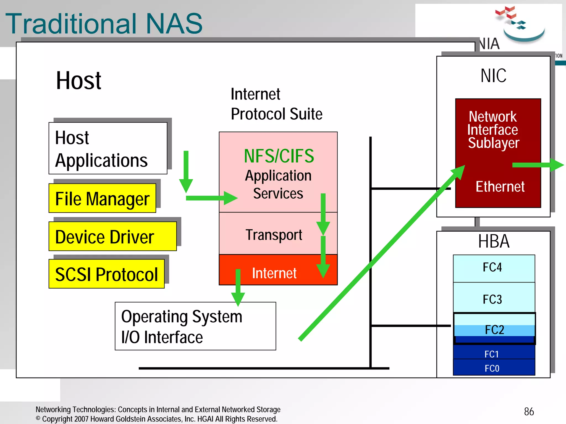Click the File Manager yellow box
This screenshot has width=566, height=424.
click(x=102, y=198)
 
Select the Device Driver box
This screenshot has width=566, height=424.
click(x=112, y=236)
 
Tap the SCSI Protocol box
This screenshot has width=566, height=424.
click(x=106, y=274)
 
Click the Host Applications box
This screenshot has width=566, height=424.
click(x=108, y=148)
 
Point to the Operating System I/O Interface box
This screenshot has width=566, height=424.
click(x=195, y=326)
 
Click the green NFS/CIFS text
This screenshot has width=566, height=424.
click(x=279, y=156)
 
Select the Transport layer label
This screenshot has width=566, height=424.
click(x=274, y=235)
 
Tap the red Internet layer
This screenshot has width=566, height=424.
click(x=274, y=273)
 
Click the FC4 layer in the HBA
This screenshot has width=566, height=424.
click(x=494, y=268)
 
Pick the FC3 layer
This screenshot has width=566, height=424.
click(x=494, y=299)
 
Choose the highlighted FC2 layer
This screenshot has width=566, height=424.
click(x=494, y=329)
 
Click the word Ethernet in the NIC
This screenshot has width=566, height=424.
click(x=500, y=187)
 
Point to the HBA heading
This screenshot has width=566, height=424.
click(x=494, y=241)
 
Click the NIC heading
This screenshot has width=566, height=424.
click(x=493, y=75)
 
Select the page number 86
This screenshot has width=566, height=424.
click(x=529, y=411)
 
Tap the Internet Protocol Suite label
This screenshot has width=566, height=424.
click(x=276, y=104)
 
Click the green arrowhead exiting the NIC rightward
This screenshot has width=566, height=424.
click(x=557, y=165)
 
